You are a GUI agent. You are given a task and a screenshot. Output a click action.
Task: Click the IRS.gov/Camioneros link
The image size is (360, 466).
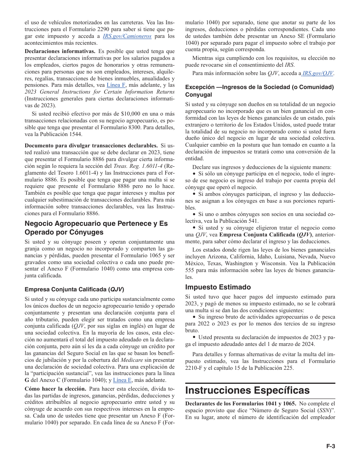coord(127,36)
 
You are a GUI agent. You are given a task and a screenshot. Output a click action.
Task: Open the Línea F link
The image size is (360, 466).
coord(116,85)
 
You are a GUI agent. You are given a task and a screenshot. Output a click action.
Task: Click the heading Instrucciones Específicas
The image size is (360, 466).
coord(247,390)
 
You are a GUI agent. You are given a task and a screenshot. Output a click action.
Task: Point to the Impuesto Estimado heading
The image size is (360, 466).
coord(218,287)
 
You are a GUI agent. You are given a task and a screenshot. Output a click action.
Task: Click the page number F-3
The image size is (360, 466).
coord(331,446)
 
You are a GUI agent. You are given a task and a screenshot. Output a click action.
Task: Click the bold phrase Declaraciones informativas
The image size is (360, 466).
coord(60,51)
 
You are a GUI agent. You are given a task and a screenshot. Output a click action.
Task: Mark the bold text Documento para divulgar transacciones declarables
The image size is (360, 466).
coord(91,145)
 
